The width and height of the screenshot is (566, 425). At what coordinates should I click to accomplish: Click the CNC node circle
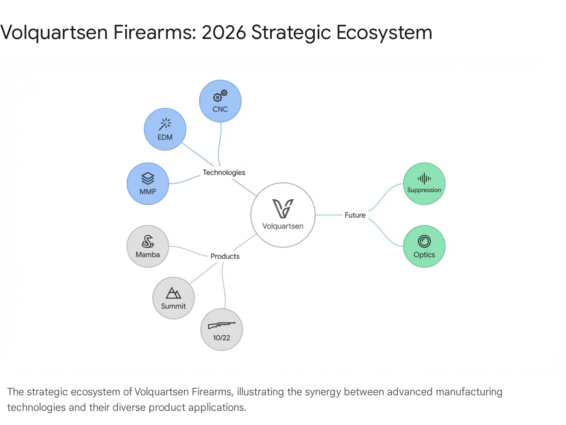(x=220, y=101)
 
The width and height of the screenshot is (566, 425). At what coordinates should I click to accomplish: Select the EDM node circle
(x=165, y=129)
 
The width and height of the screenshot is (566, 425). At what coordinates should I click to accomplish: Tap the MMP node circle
(x=148, y=184)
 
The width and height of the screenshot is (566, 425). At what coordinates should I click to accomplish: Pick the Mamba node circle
(x=148, y=246)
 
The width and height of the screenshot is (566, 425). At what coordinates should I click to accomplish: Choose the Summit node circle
(x=173, y=298)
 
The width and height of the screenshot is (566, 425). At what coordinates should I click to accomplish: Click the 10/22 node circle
(x=221, y=329)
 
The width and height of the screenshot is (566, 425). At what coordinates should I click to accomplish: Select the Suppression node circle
(x=424, y=184)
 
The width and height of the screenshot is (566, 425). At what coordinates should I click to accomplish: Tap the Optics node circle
(x=424, y=246)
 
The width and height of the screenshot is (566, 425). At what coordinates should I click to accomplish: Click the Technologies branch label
(x=224, y=172)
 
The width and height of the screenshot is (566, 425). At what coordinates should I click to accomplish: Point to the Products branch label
(x=225, y=256)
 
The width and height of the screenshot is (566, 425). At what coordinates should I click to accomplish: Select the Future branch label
(x=355, y=215)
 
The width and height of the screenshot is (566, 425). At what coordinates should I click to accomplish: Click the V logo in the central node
(x=283, y=208)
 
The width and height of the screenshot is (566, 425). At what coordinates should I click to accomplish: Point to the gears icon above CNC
(x=220, y=95)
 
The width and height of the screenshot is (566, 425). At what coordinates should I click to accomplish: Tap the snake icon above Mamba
(x=148, y=242)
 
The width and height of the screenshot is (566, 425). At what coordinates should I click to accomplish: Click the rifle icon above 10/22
(x=221, y=325)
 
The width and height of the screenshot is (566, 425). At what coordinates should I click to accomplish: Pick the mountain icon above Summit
(x=173, y=293)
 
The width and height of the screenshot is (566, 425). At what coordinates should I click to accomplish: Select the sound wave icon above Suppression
(x=424, y=179)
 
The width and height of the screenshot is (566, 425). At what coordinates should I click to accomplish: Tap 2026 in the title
(x=224, y=33)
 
